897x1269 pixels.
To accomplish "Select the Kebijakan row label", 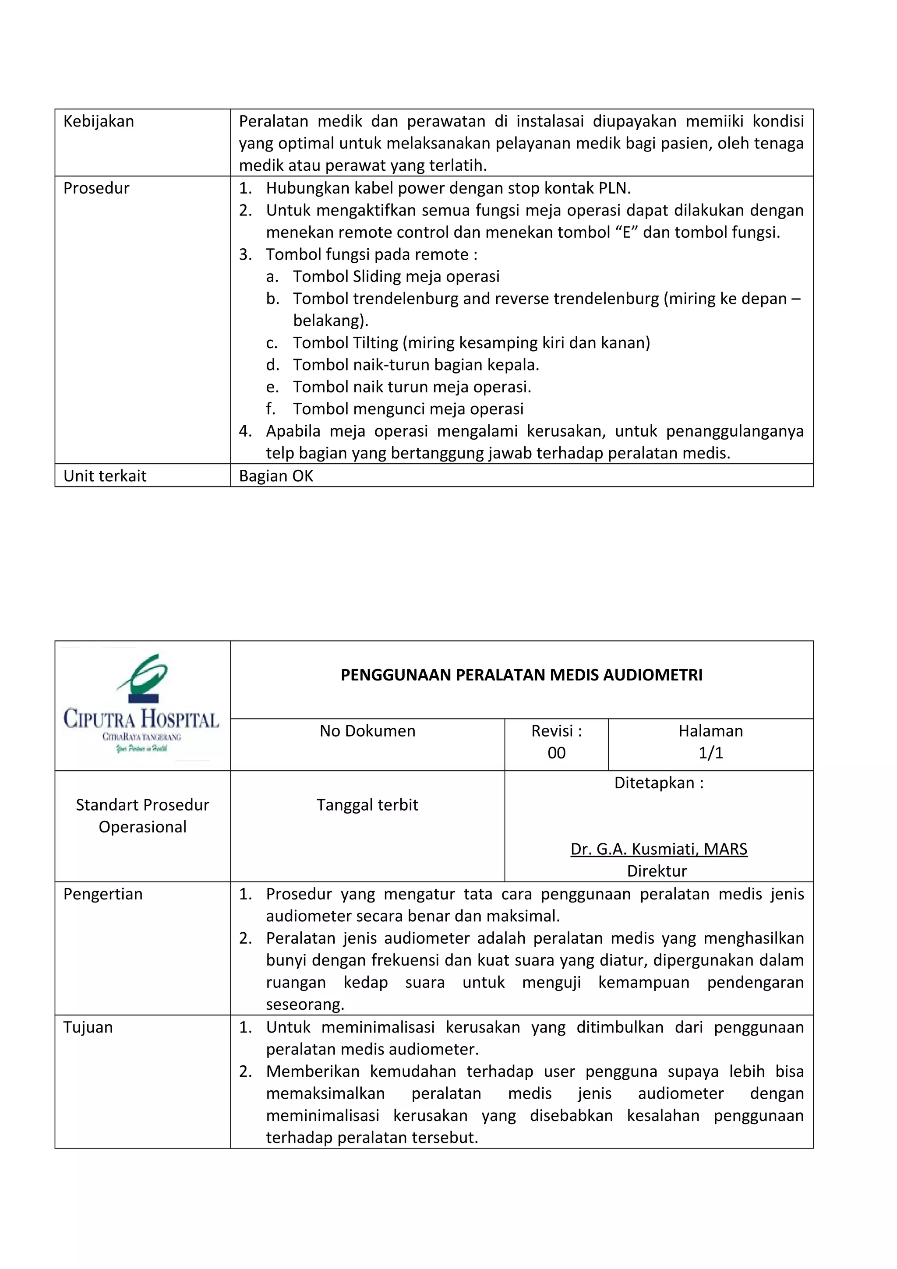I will click(99, 122).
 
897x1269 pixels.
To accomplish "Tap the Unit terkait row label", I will click(105, 476).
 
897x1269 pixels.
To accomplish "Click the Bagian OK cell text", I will click(276, 476).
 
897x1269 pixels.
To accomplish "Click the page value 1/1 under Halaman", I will click(711, 753).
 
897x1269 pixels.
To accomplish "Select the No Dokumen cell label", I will click(367, 731).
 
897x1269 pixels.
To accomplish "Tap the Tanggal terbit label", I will click(367, 805).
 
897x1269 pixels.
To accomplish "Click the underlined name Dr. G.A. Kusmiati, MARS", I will click(659, 849).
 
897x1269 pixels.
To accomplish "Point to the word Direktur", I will click(657, 871).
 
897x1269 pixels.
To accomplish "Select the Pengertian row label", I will click(103, 894).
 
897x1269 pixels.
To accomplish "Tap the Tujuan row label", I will click(88, 1027).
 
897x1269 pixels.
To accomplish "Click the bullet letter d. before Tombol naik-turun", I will click(272, 365).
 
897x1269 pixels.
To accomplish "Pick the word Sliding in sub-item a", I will click(378, 276).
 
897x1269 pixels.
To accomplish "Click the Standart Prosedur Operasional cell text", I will click(143, 816).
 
